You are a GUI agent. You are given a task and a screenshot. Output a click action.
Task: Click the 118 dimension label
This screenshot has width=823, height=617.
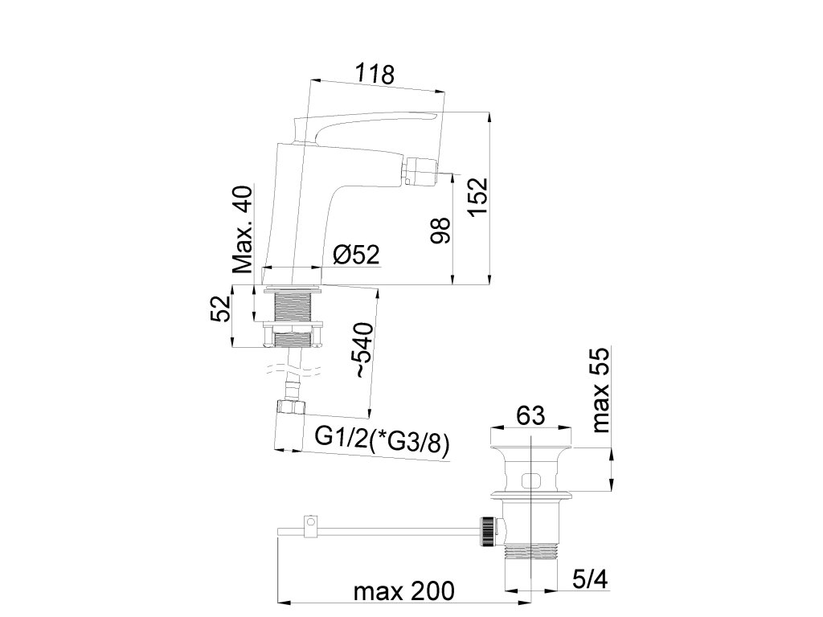[x=375, y=74]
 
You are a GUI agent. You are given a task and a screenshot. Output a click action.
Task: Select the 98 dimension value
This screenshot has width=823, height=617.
[x=440, y=231]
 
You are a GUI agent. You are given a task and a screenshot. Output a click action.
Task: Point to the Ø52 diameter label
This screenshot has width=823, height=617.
[x=356, y=255]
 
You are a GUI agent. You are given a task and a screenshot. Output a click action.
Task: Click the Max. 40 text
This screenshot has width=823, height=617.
[x=243, y=229]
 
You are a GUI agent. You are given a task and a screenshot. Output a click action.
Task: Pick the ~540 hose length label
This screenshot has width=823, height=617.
[x=363, y=350]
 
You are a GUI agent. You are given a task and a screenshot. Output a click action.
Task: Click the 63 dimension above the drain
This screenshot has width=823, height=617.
[x=530, y=416]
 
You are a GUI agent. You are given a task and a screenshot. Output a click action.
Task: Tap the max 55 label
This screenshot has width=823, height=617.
[x=600, y=390]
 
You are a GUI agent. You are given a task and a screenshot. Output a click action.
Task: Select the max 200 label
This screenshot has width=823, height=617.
[x=403, y=591]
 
